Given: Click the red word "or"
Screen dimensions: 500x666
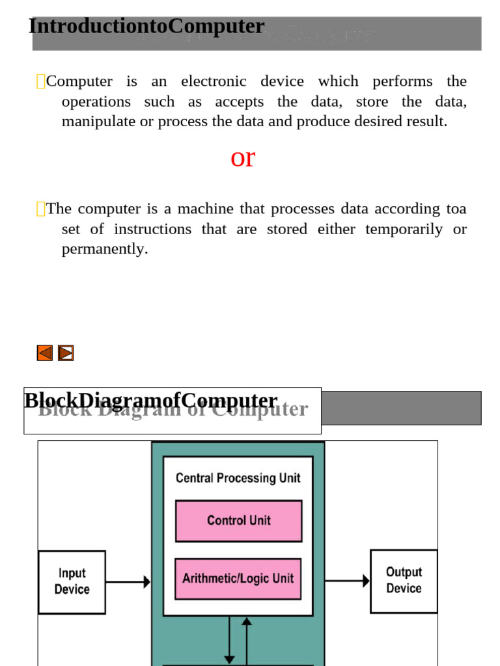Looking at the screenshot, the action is pyautogui.click(x=243, y=158).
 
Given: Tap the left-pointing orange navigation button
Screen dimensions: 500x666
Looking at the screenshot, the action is pyautogui.click(x=44, y=353).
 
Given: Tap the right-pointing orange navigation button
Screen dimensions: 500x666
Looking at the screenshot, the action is pyautogui.click(x=66, y=353).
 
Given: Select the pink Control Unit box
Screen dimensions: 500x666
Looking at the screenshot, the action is pyautogui.click(x=238, y=520).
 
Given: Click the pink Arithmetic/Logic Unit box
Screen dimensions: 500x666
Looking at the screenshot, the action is pyautogui.click(x=238, y=578).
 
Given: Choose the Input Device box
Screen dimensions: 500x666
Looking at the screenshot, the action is pyautogui.click(x=72, y=581).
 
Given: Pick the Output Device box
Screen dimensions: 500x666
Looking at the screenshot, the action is pyautogui.click(x=404, y=580).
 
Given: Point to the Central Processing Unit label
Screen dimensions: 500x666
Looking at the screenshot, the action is pyautogui.click(x=238, y=478).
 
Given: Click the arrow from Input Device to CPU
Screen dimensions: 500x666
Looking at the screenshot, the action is pyautogui.click(x=128, y=582).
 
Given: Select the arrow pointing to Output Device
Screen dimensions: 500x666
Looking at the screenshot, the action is pyautogui.click(x=347, y=580).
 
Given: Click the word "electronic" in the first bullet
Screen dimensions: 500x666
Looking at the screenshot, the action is pyautogui.click(x=214, y=81).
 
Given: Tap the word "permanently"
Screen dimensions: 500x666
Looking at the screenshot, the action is pyautogui.click(x=104, y=249).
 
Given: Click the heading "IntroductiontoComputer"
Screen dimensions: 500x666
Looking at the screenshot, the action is pyautogui.click(x=146, y=27).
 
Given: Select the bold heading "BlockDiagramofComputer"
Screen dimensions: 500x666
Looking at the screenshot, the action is pyautogui.click(x=150, y=401).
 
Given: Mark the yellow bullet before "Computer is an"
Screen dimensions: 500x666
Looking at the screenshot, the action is pyautogui.click(x=40, y=81).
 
